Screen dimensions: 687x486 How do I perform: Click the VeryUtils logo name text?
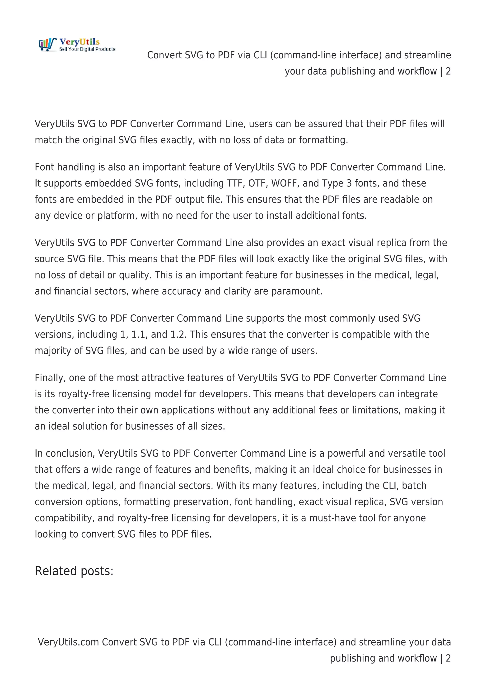tap(79, 42)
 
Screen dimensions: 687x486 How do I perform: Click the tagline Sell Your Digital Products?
tap(87, 49)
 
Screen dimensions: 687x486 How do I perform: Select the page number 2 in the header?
tap(448, 71)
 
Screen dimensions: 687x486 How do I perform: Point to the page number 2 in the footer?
tap(448, 658)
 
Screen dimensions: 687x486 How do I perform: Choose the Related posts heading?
tap(74, 571)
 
